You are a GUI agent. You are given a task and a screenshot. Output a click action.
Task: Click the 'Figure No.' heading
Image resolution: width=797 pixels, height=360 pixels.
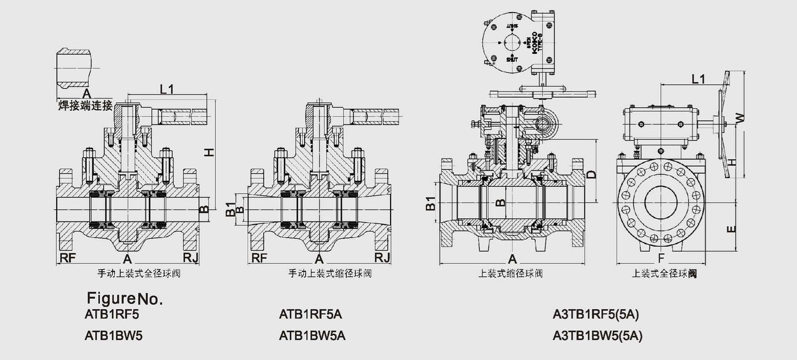(x=124, y=299)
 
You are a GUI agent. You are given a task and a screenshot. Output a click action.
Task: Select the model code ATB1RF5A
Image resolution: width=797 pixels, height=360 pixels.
(x=311, y=315)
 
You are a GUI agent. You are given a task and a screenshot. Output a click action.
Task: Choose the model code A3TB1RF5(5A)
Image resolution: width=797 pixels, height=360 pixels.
(x=597, y=315)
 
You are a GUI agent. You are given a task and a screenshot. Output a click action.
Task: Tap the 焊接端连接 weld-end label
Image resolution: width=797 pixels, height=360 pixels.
(x=85, y=104)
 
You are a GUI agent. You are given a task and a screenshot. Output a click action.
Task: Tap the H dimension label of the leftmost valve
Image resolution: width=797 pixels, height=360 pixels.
(x=208, y=152)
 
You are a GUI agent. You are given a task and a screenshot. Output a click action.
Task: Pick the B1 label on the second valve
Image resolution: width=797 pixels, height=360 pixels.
(x=230, y=211)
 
